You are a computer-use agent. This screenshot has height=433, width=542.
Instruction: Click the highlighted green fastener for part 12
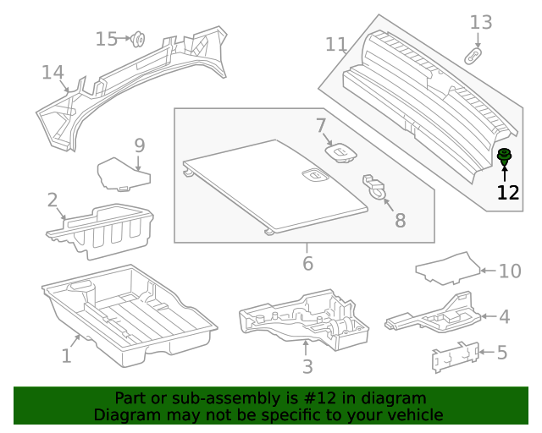point(505,156)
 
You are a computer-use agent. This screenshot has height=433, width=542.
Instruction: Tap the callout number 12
point(507,192)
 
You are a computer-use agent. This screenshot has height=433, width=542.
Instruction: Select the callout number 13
point(480,22)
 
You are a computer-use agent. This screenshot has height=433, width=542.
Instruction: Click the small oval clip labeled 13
point(474,56)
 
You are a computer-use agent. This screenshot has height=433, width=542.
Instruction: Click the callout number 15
point(107,39)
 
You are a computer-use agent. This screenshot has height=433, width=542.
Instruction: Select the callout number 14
point(53,73)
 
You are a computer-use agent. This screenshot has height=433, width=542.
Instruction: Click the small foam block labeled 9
point(122,174)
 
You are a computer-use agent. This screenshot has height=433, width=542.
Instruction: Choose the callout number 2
point(53,200)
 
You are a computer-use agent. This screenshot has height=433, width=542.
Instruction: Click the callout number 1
point(66,356)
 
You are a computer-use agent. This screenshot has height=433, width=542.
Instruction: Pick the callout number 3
point(307,366)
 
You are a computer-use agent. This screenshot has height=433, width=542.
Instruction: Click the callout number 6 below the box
point(307,264)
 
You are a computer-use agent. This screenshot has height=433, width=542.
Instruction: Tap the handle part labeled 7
point(341,152)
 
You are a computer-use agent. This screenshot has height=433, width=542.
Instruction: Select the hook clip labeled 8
point(378,188)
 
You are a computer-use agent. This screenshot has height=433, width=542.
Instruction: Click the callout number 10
point(510,271)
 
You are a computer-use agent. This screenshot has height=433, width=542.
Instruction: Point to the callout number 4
point(504,317)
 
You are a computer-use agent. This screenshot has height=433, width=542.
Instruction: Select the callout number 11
point(336,44)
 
